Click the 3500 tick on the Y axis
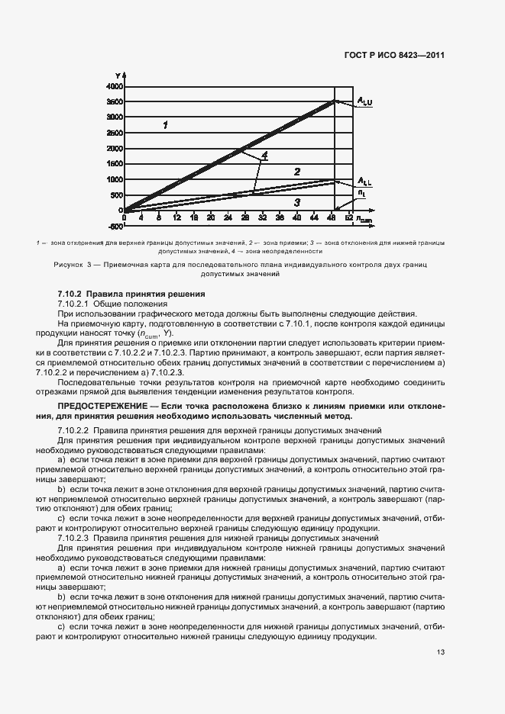coord(115,101)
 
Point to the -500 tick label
coord(115,226)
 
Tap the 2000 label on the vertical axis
coord(115,148)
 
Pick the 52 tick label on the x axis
coord(349,218)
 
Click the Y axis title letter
coord(119,75)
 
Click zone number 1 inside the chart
coord(165,124)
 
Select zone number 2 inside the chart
coord(297,172)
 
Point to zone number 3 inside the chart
coord(297,202)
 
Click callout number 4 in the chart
coord(264,156)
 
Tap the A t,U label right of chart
coord(364,101)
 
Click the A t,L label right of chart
coord(364,181)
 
